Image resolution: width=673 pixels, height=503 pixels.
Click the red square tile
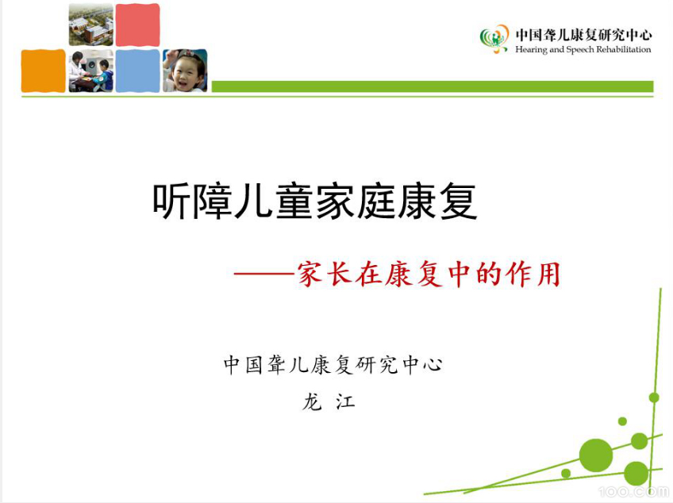[x=137, y=25]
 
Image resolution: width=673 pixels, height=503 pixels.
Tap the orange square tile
[x=43, y=71]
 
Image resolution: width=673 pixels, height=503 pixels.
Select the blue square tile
[x=137, y=71]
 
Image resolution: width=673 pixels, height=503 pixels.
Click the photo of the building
[x=90, y=25]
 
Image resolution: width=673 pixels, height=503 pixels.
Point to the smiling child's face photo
[x=185, y=71]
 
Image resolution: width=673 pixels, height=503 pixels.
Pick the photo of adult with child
[x=90, y=71]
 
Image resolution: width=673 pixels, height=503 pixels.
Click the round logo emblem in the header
[x=494, y=37]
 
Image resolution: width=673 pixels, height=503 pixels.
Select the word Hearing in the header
[x=531, y=50]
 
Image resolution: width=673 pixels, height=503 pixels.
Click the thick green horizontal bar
[x=433, y=86]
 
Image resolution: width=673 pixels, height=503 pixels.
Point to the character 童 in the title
[x=294, y=202]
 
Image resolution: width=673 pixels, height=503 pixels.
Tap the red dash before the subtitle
[x=264, y=275]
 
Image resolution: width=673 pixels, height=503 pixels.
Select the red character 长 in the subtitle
[x=340, y=275]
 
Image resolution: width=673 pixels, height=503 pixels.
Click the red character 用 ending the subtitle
[x=548, y=275]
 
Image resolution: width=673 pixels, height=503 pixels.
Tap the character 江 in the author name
[x=345, y=401]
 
